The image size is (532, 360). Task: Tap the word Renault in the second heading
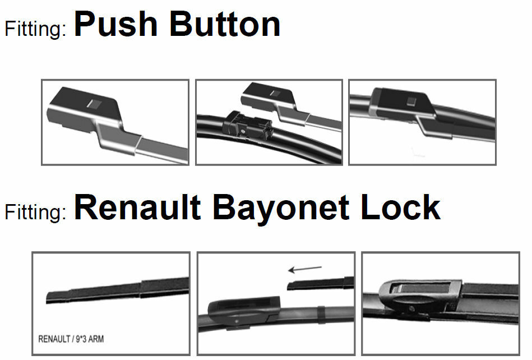[137, 208]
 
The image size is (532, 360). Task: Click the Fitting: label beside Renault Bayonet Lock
[36, 212]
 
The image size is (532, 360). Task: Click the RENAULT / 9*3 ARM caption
[71, 339]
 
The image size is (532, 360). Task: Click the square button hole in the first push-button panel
[94, 103]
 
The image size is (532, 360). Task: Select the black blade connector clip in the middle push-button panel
[247, 124]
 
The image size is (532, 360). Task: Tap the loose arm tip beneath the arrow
[320, 284]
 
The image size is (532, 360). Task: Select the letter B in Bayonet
[224, 208]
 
